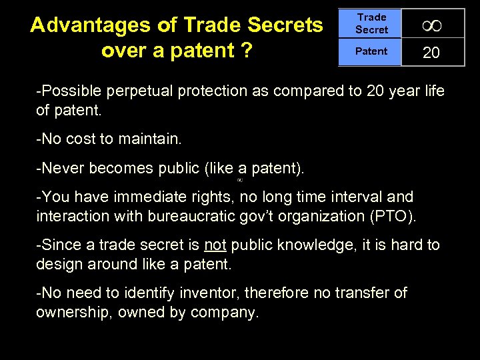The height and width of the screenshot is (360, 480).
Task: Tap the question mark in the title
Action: click(x=247, y=51)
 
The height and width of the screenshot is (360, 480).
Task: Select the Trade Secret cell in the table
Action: click(x=371, y=23)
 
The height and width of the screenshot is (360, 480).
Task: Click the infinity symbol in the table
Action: click(x=432, y=25)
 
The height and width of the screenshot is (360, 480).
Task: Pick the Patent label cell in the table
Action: click(x=371, y=51)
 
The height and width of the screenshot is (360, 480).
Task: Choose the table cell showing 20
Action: click(x=431, y=53)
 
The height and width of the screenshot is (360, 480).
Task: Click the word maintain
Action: click(x=151, y=140)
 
